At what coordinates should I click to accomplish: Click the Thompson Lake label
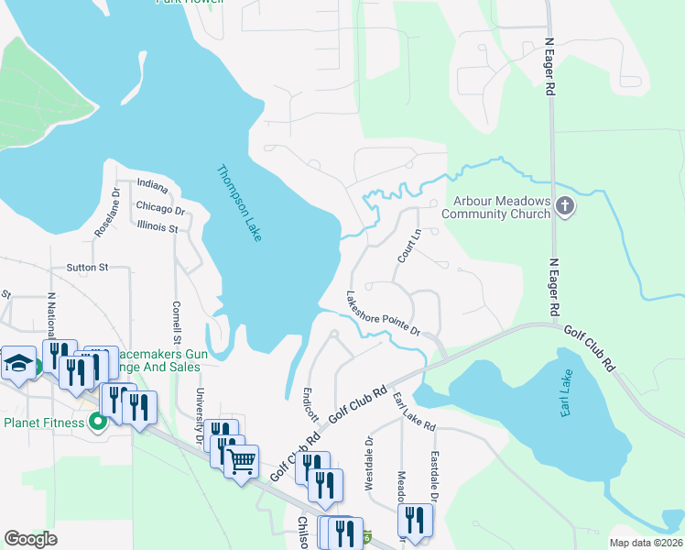pyautogui.click(x=239, y=203)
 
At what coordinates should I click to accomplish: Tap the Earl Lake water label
pyautogui.click(x=570, y=394)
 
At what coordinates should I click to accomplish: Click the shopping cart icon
pyautogui.click(x=241, y=460)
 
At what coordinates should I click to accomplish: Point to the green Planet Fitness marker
pyautogui.click(x=99, y=423)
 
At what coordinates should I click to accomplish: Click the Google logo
pyautogui.click(x=30, y=539)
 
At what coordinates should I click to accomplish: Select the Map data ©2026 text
pyautogui.click(x=645, y=542)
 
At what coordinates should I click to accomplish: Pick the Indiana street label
pyautogui.click(x=152, y=187)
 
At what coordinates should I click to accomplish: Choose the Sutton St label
pyautogui.click(x=87, y=268)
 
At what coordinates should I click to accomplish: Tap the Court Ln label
pyautogui.click(x=408, y=246)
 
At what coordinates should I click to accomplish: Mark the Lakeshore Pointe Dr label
pyautogui.click(x=382, y=313)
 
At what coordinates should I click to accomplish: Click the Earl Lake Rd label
pyautogui.click(x=414, y=412)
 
